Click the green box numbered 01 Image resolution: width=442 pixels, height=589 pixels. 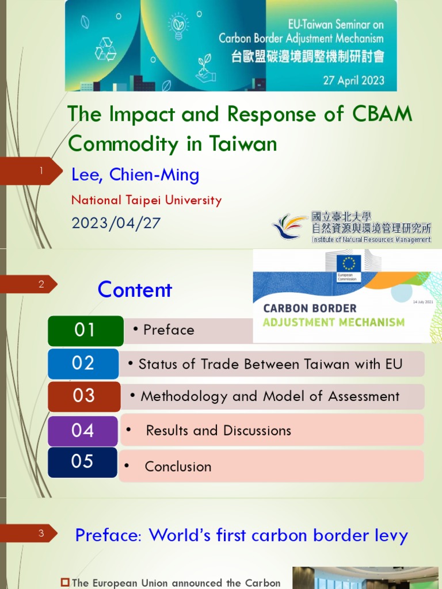coord(85,330)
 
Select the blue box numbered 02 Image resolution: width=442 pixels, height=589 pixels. coord(83,364)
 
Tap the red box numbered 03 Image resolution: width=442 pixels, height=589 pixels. coord(84,396)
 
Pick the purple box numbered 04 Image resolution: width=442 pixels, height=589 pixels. coord(83,430)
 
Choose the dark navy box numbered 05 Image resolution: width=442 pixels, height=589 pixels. coord(82,462)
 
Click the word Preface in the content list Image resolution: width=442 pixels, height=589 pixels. coord(169,330)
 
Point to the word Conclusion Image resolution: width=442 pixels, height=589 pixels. coord(178,466)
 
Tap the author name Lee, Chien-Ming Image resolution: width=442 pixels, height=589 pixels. coord(135,175)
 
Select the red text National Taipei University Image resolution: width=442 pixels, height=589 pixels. coord(146,201)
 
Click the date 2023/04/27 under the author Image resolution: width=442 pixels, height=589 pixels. coord(116,223)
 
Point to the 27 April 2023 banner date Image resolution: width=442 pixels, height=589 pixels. coord(353,80)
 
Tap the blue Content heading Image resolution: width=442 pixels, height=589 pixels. coord(135,290)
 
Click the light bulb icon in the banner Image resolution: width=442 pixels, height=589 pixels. coord(178,26)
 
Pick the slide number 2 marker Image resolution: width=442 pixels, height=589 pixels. coord(41,284)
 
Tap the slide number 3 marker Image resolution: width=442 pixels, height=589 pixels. coord(41,533)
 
